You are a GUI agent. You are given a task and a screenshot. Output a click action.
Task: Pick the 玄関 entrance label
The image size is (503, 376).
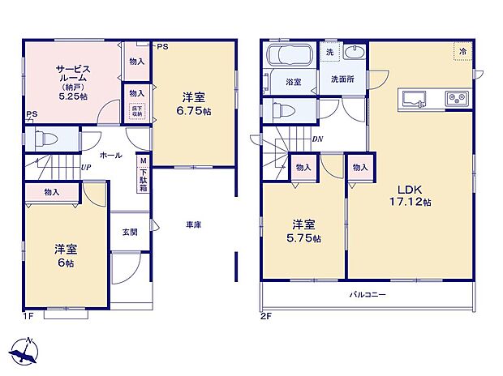click(130, 231)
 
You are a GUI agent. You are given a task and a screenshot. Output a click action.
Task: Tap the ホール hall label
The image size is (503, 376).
click(111, 154)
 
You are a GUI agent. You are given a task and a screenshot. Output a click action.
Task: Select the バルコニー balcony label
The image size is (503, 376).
click(367, 294)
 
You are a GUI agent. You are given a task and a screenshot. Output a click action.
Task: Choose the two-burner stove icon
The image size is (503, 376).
click(455, 100)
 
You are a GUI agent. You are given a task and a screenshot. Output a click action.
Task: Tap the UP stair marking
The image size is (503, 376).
click(86, 168)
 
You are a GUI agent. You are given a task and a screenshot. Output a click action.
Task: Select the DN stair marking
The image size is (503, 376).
click(317, 139)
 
